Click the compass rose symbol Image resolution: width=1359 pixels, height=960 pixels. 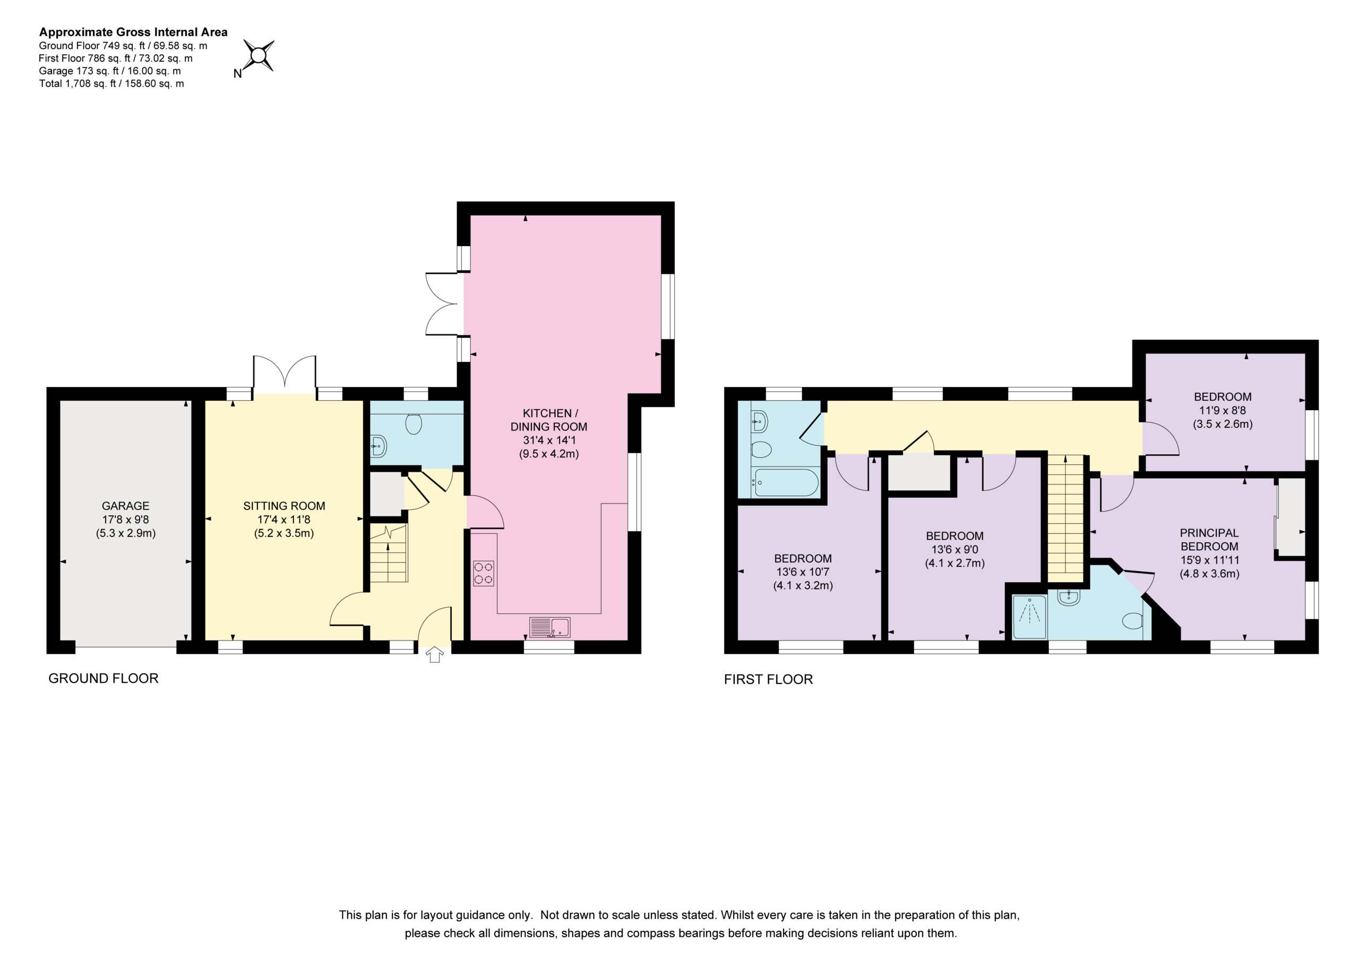(259, 56)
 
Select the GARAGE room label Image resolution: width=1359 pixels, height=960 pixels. (125, 506)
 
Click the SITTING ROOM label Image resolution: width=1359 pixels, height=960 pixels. (284, 506)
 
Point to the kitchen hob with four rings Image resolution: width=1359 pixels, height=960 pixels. (483, 573)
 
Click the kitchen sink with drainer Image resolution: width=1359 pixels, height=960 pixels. (549, 627)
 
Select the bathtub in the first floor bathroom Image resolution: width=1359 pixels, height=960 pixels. (787, 482)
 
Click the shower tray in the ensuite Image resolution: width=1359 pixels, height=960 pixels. (1029, 617)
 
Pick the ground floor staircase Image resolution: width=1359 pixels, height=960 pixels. (389, 553)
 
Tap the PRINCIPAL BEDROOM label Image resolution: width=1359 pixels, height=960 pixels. (1209, 540)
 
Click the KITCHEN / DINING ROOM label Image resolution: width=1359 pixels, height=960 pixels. (549, 420)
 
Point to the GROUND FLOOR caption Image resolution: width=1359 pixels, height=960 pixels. (104, 678)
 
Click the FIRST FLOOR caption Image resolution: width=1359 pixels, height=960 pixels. (768, 679)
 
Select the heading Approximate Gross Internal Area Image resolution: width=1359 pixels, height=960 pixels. (133, 32)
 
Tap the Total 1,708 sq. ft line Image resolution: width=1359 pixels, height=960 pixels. (111, 83)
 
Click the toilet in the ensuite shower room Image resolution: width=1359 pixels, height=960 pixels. (1132, 621)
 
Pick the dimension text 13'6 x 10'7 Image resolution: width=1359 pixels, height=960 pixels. (803, 572)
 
